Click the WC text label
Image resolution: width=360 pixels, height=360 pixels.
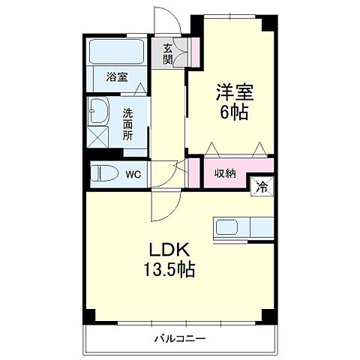(x=133, y=174)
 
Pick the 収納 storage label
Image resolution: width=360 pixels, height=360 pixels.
(x=225, y=173)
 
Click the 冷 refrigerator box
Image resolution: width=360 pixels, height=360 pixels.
(x=263, y=186)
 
